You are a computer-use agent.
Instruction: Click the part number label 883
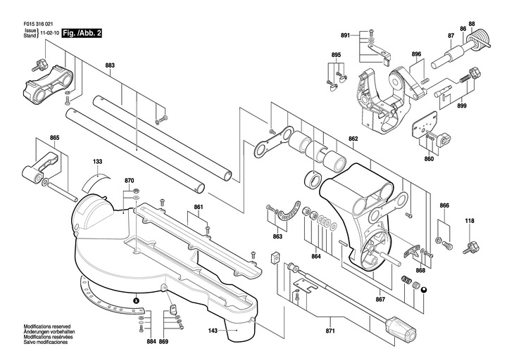point(110,65)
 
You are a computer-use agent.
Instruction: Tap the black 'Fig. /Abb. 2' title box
point(82,33)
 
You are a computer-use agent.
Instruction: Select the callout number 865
point(55,138)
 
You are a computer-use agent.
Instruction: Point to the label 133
point(98,162)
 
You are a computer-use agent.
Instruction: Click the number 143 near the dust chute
point(213,331)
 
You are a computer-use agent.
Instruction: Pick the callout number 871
point(330,331)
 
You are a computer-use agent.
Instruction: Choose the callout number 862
point(353,139)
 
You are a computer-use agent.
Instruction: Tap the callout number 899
point(462,106)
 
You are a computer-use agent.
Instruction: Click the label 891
point(346,35)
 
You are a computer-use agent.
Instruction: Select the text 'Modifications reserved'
point(47,326)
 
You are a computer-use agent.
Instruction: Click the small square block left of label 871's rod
point(275,257)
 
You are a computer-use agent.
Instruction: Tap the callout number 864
point(316,257)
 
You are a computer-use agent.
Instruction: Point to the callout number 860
point(429,159)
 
